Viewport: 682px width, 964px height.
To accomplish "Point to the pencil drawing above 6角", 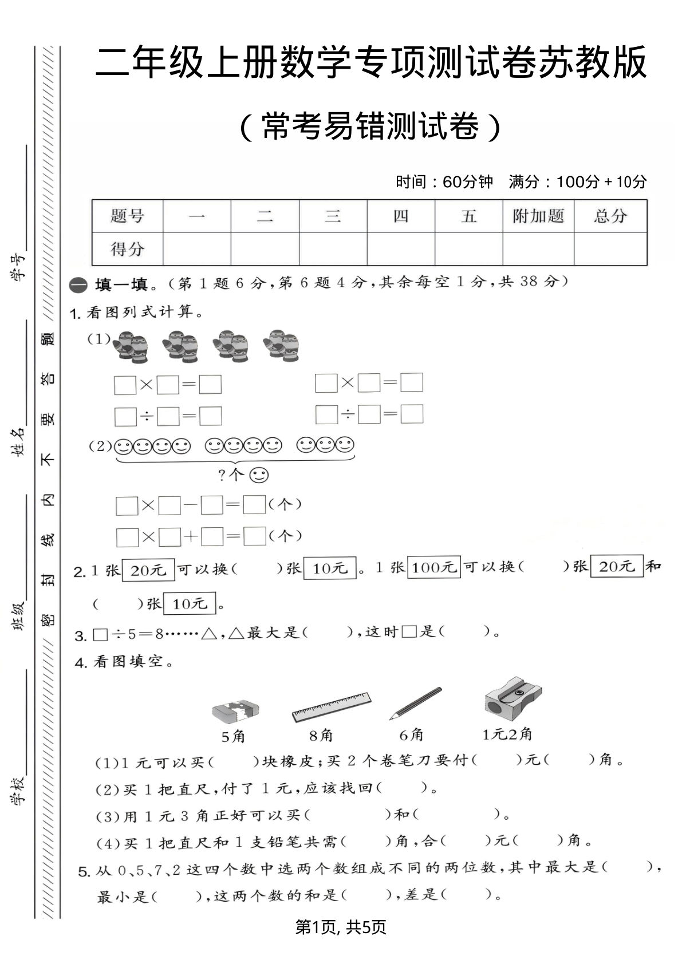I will pyautogui.click(x=416, y=704).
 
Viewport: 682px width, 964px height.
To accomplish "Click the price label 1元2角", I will pyautogui.click(x=507, y=734).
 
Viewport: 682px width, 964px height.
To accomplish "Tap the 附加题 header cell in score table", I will pyautogui.click(x=538, y=216).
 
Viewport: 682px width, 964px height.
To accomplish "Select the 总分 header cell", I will pyautogui.click(x=610, y=216).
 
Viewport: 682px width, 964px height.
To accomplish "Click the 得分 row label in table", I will pyautogui.click(x=127, y=249).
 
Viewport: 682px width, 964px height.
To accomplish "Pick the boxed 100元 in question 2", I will pyautogui.click(x=433, y=567).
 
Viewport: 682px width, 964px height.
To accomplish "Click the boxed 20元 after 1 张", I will pyautogui.click(x=148, y=570).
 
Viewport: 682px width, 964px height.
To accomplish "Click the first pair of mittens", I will pyautogui.click(x=130, y=346).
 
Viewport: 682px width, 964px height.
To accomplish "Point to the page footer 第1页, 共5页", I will pyautogui.click(x=341, y=927).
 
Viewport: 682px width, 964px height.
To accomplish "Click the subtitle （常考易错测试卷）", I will pyautogui.click(x=369, y=127).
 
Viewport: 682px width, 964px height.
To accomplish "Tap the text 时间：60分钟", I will pyautogui.click(x=444, y=182).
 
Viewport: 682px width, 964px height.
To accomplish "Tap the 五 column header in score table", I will pyautogui.click(x=468, y=216).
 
